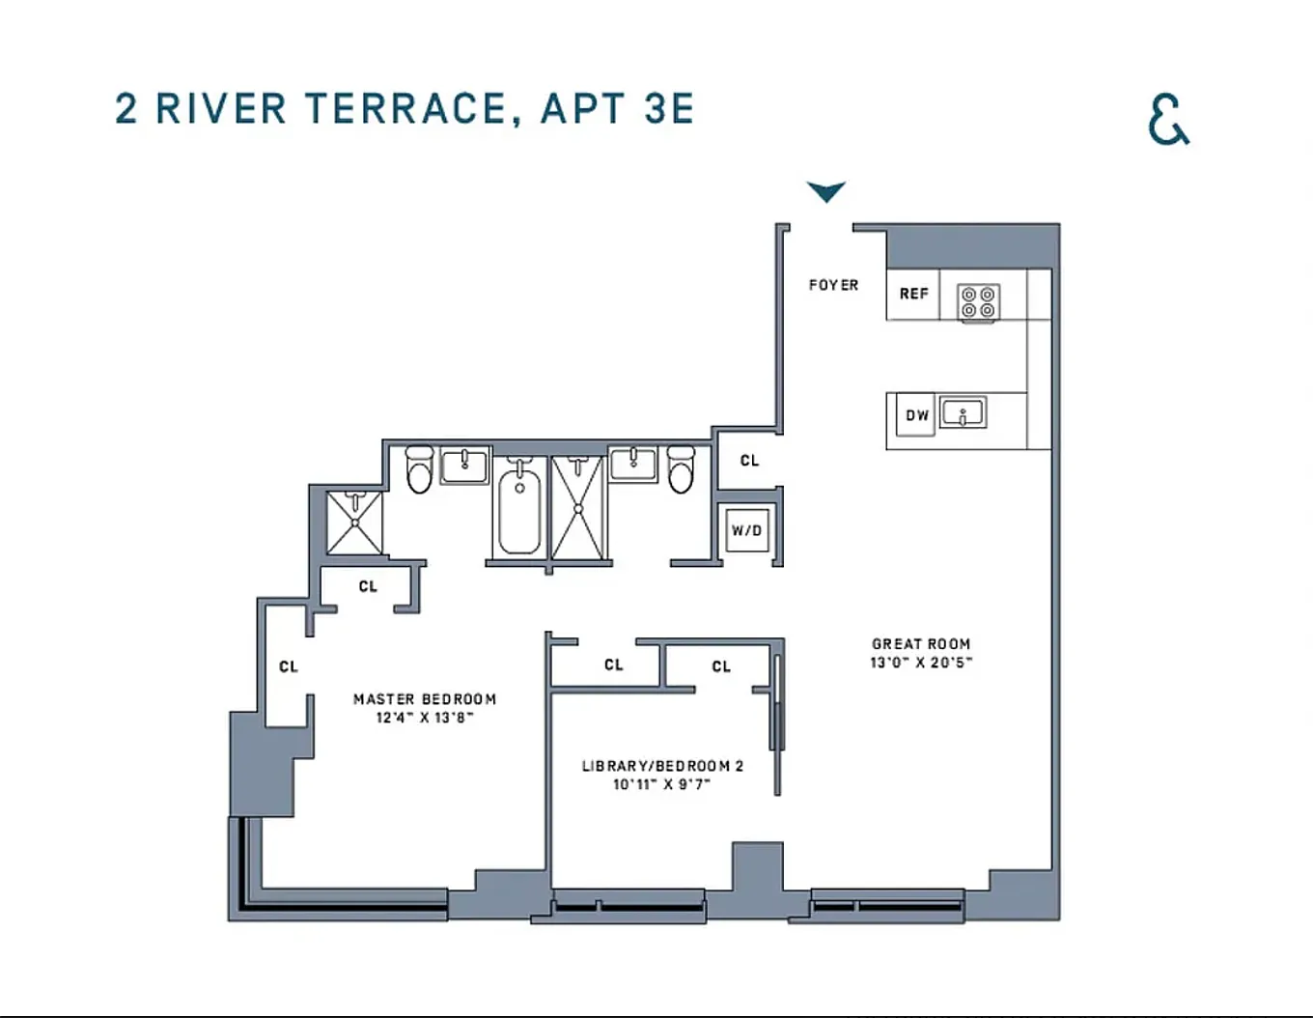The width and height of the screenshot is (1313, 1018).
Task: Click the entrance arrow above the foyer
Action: click(x=826, y=191)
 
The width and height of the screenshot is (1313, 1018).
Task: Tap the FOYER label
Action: click(x=833, y=285)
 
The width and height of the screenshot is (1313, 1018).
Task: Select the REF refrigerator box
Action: click(x=913, y=294)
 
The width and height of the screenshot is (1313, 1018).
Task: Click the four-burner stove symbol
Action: click(x=978, y=302)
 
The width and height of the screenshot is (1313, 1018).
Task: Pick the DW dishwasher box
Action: click(x=916, y=414)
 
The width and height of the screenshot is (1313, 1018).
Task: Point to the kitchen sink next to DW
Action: click(x=964, y=412)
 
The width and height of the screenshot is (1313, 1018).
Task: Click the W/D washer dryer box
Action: click(x=747, y=530)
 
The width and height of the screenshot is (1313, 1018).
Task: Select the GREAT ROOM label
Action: click(x=921, y=644)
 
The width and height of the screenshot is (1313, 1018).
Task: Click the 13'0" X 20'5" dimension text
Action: click(x=921, y=663)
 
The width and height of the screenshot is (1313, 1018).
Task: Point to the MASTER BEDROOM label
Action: click(x=425, y=699)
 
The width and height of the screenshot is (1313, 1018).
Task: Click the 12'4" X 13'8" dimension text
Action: click(x=425, y=718)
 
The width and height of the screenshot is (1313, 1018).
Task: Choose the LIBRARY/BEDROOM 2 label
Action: click(x=662, y=766)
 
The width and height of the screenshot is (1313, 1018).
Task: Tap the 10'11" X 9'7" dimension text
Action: click(x=661, y=784)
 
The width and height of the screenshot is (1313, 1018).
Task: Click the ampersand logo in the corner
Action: click(x=1168, y=119)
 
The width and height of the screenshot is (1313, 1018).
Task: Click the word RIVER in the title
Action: click(x=220, y=108)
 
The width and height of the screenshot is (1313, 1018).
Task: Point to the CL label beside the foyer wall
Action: click(x=749, y=461)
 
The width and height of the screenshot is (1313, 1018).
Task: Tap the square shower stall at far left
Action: click(x=354, y=523)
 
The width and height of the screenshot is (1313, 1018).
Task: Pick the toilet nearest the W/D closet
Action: click(x=681, y=469)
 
